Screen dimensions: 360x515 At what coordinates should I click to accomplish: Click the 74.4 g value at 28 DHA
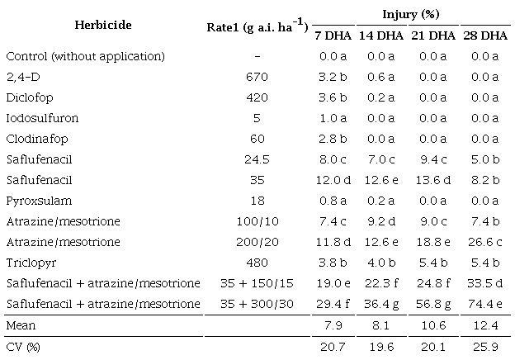coord(483,306)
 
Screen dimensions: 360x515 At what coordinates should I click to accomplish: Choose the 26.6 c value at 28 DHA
coord(483,243)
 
